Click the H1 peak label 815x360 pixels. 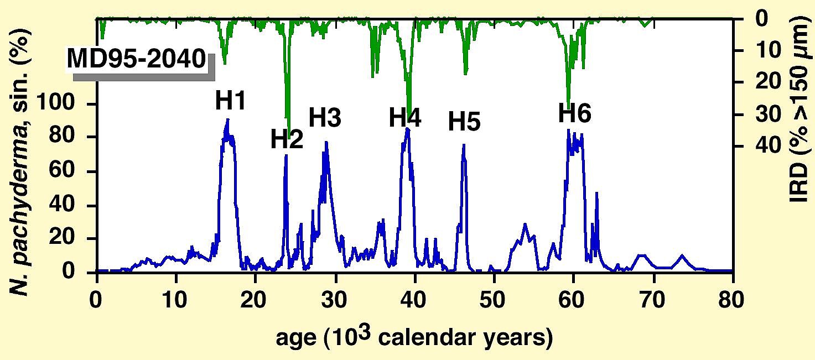231,101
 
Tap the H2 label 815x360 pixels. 287,140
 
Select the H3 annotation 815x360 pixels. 325,118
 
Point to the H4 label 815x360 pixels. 405,118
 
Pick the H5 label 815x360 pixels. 464,122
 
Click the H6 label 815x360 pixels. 574,114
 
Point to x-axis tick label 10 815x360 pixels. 176,302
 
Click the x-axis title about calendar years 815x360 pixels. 414,337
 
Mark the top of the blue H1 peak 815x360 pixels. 227,119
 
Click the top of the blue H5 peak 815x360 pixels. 464,145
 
